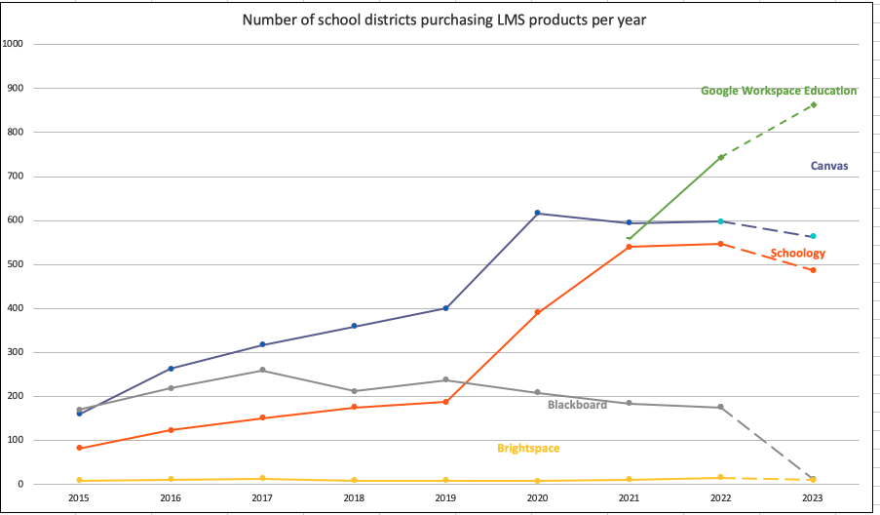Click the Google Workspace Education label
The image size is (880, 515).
tap(779, 91)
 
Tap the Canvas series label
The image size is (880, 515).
tap(829, 166)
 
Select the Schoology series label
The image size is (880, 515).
tap(797, 254)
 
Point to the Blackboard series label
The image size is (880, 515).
tap(577, 405)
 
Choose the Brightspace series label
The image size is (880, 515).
tap(528, 449)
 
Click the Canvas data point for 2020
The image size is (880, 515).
tap(537, 213)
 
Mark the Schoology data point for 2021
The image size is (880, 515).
tap(629, 247)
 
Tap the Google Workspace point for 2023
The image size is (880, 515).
tap(813, 104)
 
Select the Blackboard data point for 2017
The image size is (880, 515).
tap(262, 370)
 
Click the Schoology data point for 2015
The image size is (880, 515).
tap(79, 448)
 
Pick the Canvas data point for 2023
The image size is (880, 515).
tap(813, 236)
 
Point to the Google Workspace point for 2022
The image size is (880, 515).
tap(721, 157)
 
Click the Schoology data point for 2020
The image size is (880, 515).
tap(537, 312)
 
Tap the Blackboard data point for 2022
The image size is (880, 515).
tap(721, 407)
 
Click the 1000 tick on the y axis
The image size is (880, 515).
tap(14, 44)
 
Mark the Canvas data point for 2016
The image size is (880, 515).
tap(172, 369)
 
